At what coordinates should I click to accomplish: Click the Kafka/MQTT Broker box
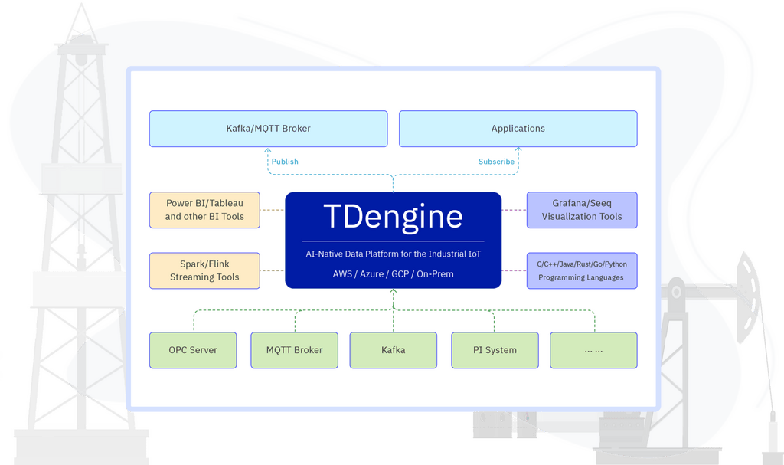[268, 129]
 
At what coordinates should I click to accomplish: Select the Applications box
[518, 129]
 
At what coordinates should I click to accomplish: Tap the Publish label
[285, 162]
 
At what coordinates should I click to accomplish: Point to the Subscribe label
[496, 162]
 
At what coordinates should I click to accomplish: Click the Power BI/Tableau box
[204, 210]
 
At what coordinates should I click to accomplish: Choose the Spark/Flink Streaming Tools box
[204, 270]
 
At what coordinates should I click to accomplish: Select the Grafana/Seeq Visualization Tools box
[582, 210]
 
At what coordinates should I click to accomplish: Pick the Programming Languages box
[582, 270]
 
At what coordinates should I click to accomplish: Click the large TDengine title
[393, 217]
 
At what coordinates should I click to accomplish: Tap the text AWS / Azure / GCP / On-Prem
[393, 273]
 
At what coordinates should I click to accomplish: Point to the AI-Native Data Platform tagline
[393, 254]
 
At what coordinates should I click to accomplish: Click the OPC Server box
[193, 350]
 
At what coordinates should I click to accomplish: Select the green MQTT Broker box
[294, 350]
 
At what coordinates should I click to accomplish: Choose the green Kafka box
[393, 350]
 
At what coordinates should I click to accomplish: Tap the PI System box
[495, 350]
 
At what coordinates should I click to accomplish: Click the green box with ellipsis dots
[593, 350]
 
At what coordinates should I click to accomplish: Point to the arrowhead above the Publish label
[268, 150]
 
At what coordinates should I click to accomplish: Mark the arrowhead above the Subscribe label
[518, 150]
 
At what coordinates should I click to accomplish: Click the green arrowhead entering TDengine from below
[394, 292]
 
